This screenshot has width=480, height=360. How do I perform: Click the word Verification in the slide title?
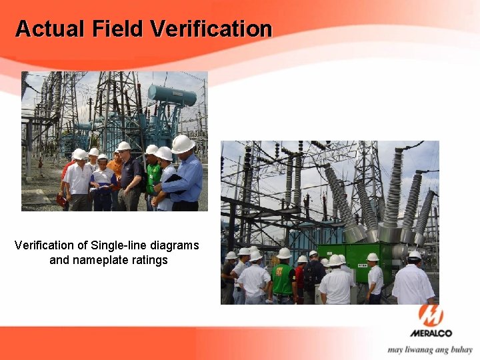[x=211, y=29]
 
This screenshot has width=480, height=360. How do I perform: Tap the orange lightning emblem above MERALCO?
[x=431, y=315]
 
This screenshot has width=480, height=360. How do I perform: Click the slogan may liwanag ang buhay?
[x=430, y=349]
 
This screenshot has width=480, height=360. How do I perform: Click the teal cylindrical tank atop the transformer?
[x=172, y=95]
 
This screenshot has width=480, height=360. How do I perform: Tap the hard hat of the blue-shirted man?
[x=182, y=144]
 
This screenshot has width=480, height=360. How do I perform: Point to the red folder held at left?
[x=61, y=199]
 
